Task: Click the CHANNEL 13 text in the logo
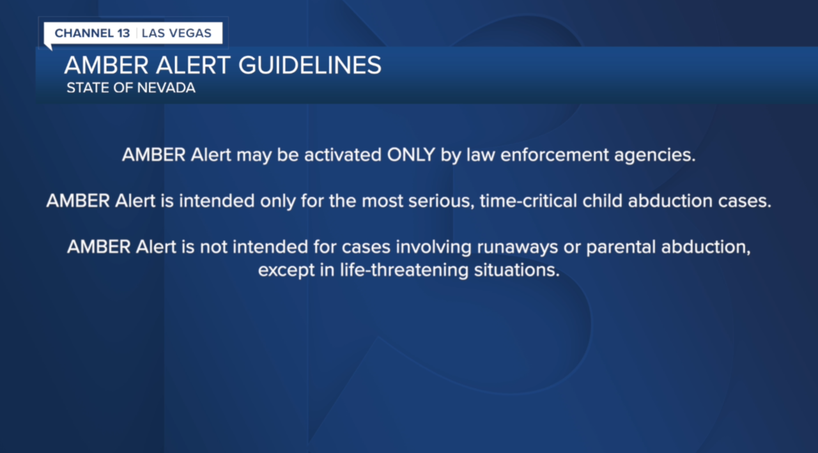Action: tap(92, 33)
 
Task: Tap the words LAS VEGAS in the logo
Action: tap(176, 33)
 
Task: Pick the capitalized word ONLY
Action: tap(411, 155)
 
